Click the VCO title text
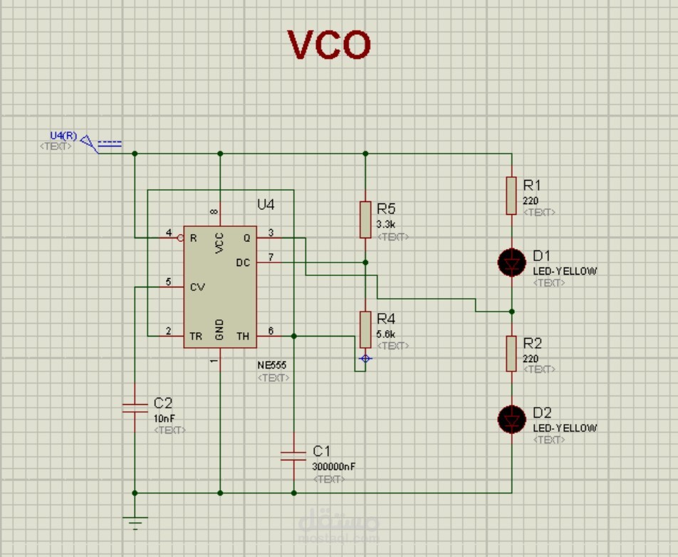[329, 45]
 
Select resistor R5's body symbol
[365, 219]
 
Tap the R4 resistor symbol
[365, 329]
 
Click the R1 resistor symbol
[511, 196]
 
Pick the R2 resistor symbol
[511, 354]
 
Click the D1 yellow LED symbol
[511, 262]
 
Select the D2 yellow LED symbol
[511, 419]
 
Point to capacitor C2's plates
[135, 408]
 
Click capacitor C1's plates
[293, 455]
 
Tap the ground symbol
[135, 522]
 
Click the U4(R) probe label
[63, 136]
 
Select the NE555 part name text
[273, 365]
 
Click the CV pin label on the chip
[197, 287]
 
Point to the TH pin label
[243, 336]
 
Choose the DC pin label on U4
[243, 262]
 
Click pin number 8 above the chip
[214, 211]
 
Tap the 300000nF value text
[333, 467]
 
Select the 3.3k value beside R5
[387, 223]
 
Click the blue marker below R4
[365, 359]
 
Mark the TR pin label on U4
[195, 336]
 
